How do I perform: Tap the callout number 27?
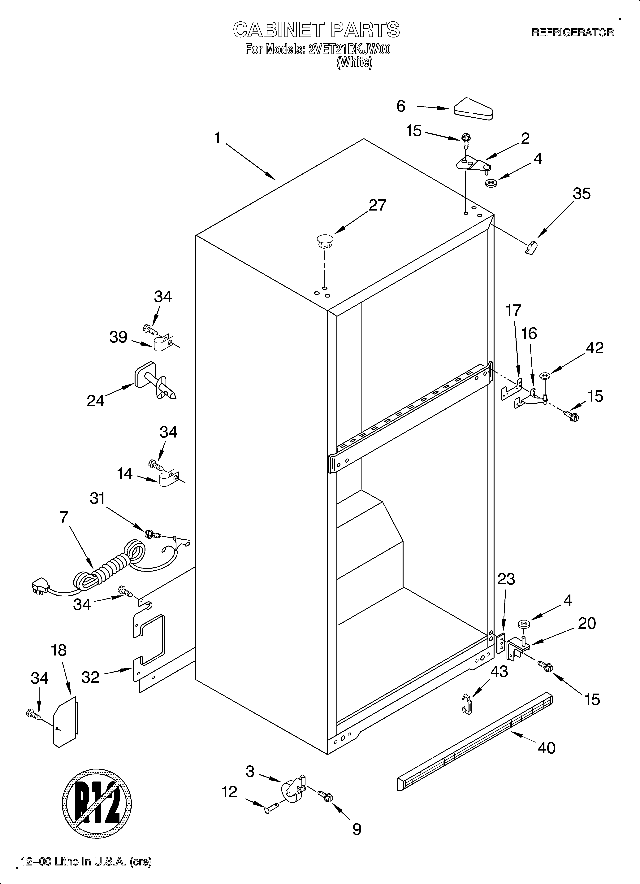[377, 205]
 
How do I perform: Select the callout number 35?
[582, 194]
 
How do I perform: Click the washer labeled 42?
[544, 376]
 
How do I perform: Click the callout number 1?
[218, 138]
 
